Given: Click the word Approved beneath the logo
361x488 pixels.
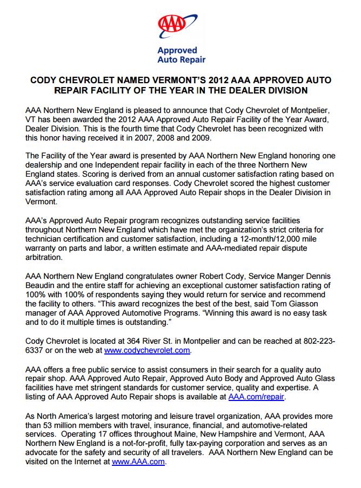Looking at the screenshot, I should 177,50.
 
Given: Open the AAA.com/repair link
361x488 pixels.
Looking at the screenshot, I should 257,396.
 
